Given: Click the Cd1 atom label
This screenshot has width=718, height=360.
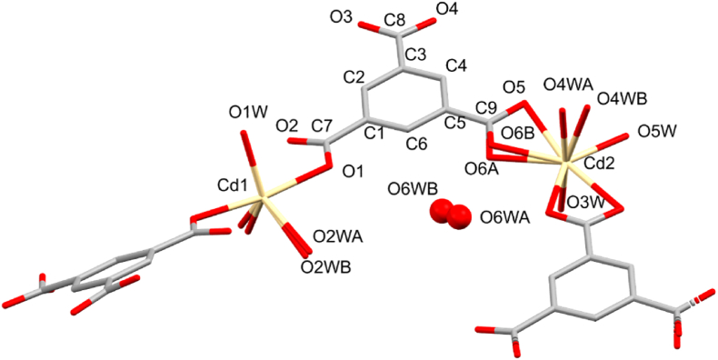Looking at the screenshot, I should (x=233, y=185).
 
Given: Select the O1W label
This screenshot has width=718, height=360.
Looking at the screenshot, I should (x=247, y=113).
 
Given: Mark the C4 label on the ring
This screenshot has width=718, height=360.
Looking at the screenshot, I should (x=457, y=65).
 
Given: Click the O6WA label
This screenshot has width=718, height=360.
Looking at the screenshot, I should (x=504, y=217).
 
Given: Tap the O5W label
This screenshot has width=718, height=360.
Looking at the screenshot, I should (x=654, y=132).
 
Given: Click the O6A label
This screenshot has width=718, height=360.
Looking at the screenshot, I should (x=483, y=169).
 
